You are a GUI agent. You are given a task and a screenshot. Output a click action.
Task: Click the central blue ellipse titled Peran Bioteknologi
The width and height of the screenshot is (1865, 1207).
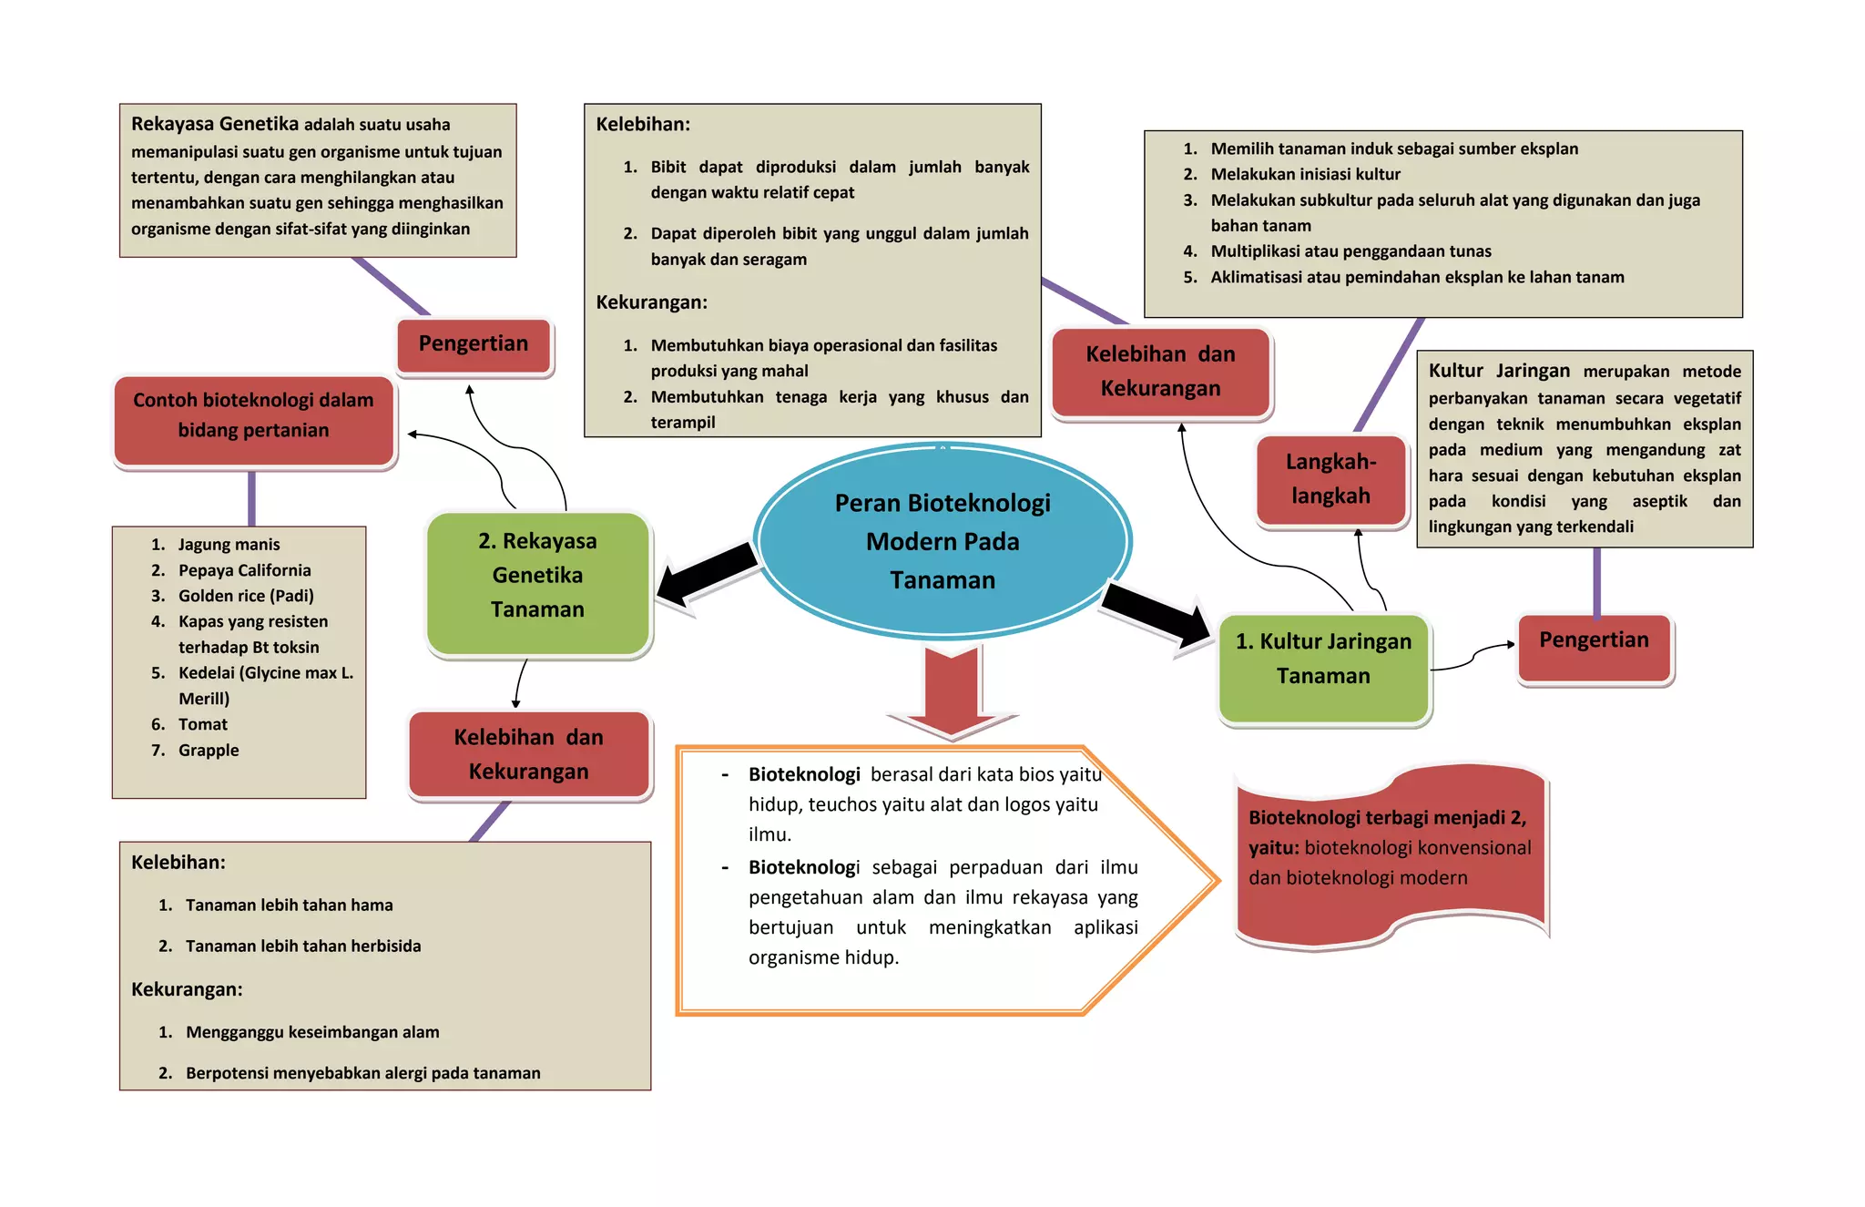[943, 540]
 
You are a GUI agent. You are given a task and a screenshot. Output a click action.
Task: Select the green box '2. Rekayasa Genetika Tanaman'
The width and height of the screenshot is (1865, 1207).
[537, 583]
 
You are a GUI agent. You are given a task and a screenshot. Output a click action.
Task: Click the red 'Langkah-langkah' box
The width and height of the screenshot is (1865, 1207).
[1330, 480]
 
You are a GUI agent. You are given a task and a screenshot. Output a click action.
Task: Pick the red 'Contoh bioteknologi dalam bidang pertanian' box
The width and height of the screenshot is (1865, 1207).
[254, 420]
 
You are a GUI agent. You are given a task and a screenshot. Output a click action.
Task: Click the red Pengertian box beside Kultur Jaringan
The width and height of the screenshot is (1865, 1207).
[1595, 648]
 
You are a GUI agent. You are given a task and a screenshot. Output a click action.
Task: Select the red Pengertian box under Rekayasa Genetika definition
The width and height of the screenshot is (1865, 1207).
[474, 345]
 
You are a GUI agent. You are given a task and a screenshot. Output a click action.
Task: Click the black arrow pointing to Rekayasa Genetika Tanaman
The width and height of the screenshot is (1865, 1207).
[706, 574]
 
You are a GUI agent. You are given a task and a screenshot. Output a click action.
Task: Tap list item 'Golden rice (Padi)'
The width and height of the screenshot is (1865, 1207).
[246, 596]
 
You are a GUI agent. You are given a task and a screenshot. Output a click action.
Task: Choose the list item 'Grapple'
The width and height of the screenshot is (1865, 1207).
[209, 750]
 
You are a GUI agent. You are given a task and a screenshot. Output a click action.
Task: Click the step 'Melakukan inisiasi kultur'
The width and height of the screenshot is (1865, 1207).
[1305, 174]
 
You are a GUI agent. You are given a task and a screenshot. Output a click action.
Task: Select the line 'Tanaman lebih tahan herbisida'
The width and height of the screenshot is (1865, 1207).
[303, 946]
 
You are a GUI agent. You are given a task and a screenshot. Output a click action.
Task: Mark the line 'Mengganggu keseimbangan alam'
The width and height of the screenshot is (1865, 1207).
[312, 1032]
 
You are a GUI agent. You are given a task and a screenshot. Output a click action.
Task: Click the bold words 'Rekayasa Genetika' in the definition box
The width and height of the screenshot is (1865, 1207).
[215, 124]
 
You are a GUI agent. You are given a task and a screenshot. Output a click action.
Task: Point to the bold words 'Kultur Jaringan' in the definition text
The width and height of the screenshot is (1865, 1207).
[1499, 371]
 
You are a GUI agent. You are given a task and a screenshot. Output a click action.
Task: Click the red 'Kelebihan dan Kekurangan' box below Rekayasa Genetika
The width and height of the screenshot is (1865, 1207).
[529, 754]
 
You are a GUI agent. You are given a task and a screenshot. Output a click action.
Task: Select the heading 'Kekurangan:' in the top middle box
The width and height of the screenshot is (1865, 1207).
[651, 302]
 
